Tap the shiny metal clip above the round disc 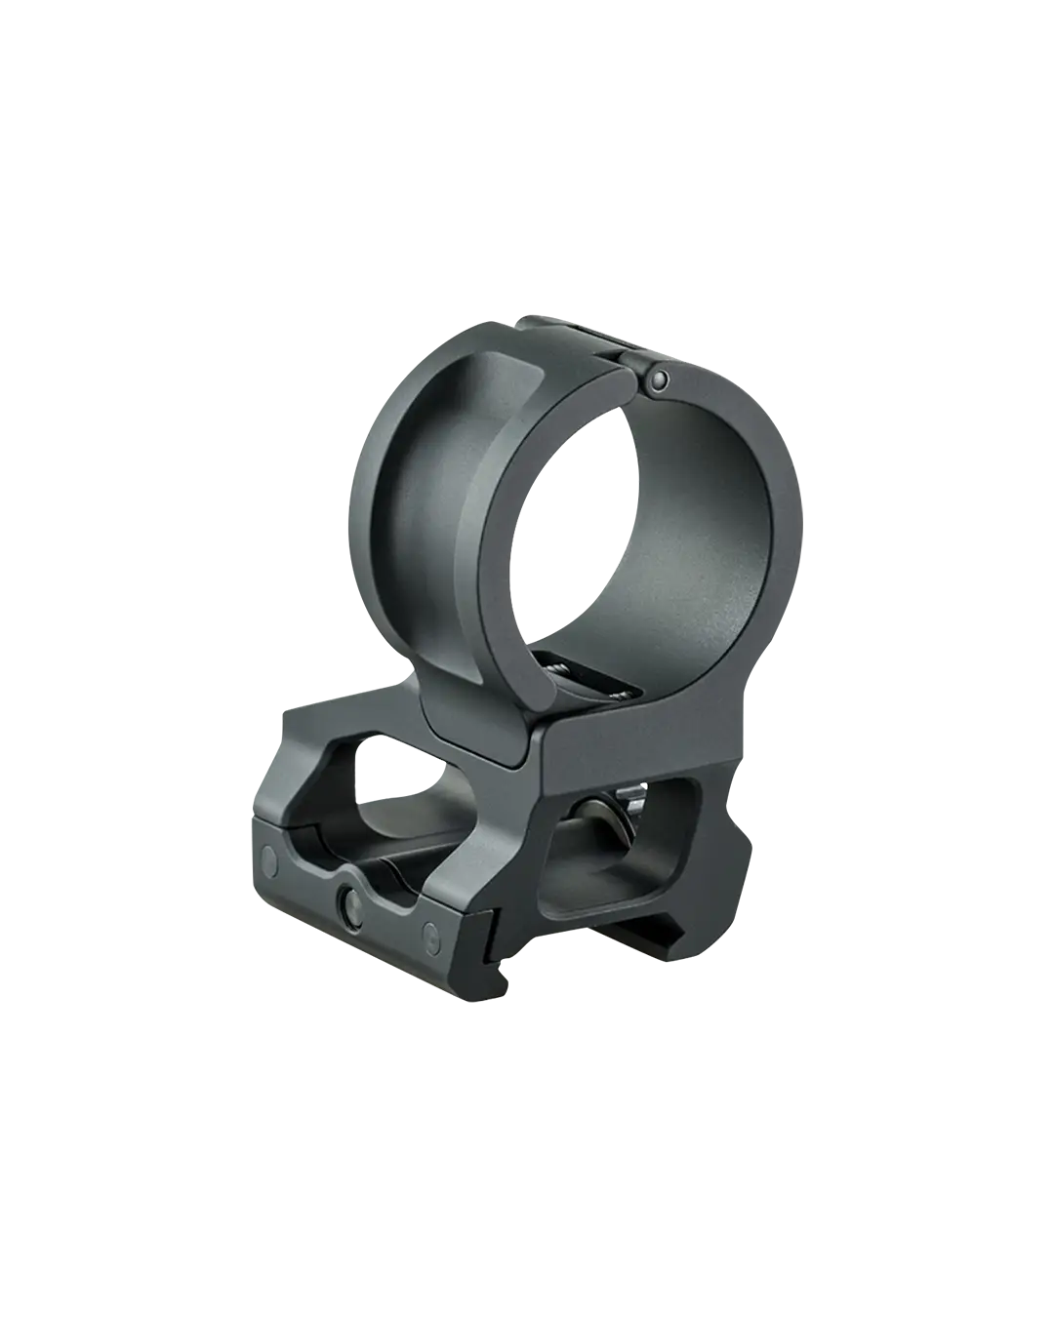click(x=634, y=799)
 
